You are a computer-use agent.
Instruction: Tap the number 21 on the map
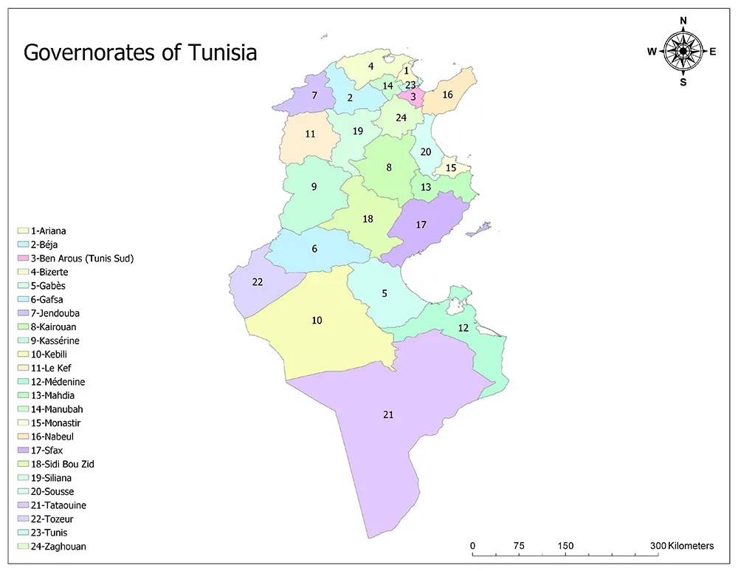[388, 414]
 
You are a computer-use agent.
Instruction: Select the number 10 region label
[317, 320]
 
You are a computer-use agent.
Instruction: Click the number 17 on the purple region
[421, 225]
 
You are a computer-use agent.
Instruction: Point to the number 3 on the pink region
[413, 97]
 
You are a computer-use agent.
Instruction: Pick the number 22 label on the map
[258, 281]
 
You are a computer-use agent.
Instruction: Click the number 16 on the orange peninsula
[447, 95]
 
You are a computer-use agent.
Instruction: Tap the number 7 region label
[314, 95]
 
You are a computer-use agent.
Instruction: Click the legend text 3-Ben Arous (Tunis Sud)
[82, 259]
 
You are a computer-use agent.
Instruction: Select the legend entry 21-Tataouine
[58, 505]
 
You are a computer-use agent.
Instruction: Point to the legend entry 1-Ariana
[49, 231]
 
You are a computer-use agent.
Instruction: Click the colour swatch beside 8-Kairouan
[23, 327]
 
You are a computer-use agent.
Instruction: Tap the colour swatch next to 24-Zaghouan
[23, 547]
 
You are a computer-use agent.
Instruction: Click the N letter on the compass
[683, 20]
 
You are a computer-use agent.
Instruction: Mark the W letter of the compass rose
[652, 51]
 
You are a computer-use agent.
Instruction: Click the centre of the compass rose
[683, 51]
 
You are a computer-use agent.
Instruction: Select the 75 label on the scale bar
[519, 546]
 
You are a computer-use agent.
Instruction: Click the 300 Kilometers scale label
[683, 546]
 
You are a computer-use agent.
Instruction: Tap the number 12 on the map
[463, 327]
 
